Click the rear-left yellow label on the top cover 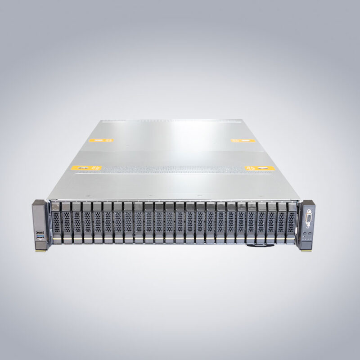(101, 140)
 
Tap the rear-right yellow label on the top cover (243, 141)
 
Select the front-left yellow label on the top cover (87, 168)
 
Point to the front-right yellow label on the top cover (260, 168)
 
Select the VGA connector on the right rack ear (309, 220)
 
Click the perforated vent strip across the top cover (171, 169)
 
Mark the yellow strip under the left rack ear (40, 250)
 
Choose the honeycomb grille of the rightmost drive (292, 222)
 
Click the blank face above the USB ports (39, 216)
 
